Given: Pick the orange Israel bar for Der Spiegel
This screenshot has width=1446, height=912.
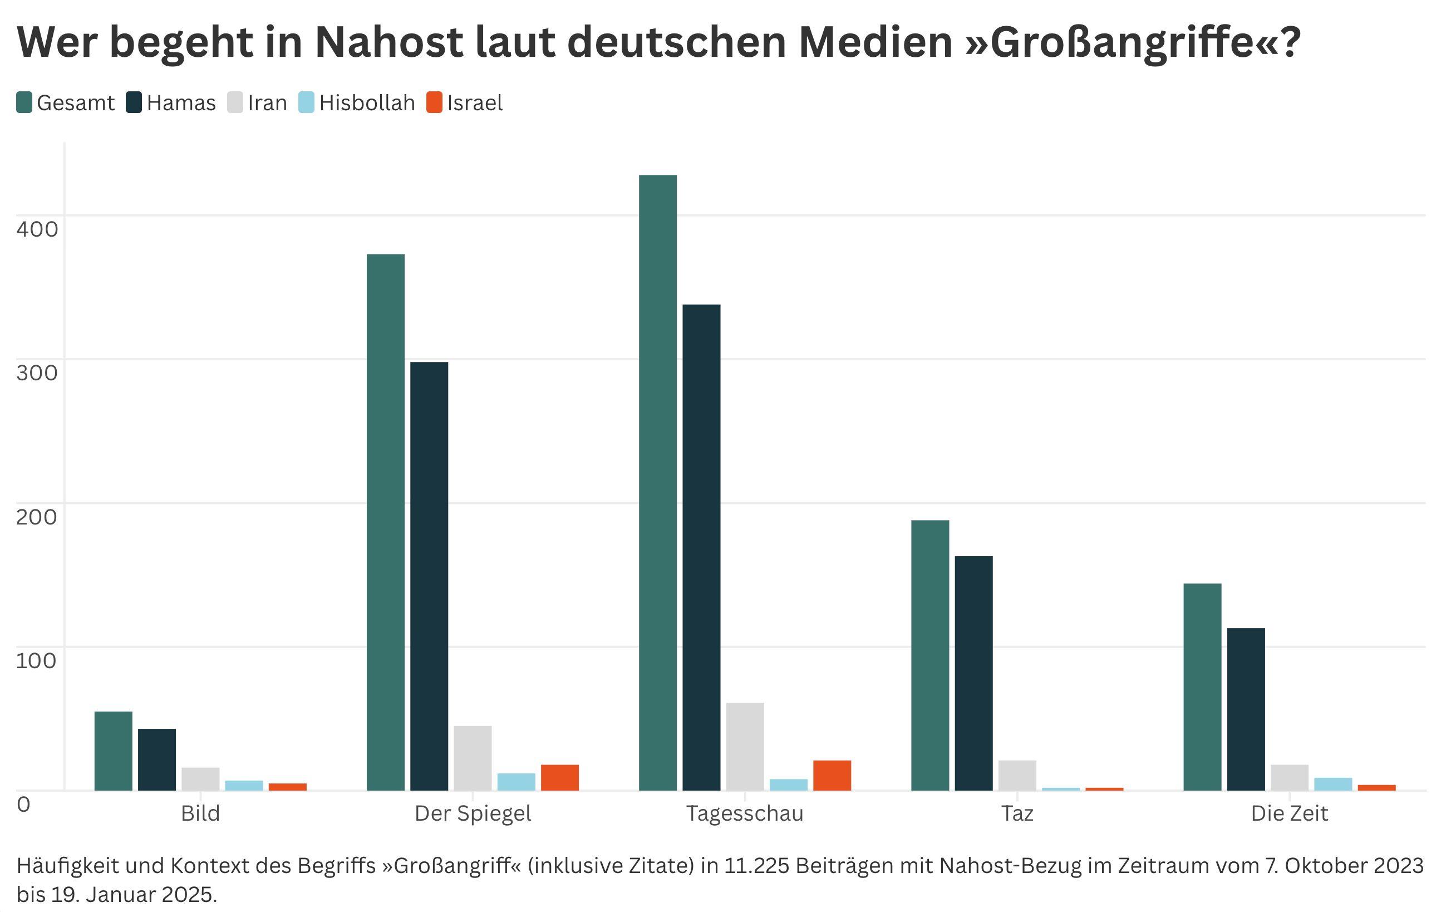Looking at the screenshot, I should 560,777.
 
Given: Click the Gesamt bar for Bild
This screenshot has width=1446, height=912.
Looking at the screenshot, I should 114,751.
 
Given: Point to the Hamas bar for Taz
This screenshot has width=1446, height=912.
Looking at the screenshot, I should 973,673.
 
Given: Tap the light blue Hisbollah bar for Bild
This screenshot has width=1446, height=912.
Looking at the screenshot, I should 244,785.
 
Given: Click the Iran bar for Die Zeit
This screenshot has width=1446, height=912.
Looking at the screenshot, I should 1289,777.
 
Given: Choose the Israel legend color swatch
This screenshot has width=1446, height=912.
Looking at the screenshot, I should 434,103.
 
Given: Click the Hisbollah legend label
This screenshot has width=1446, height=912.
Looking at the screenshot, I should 367,103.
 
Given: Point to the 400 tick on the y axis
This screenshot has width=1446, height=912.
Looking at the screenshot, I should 37,229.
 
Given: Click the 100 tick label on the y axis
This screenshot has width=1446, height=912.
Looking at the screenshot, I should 37,661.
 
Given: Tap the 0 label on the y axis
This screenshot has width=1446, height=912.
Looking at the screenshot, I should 23,804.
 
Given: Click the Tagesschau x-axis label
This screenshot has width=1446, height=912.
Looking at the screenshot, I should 745,813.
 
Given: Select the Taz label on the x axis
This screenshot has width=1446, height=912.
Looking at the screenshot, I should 1017,813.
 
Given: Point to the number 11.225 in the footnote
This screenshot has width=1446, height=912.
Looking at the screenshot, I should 755,865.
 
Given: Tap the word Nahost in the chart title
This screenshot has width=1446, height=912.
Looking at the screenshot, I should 388,42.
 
